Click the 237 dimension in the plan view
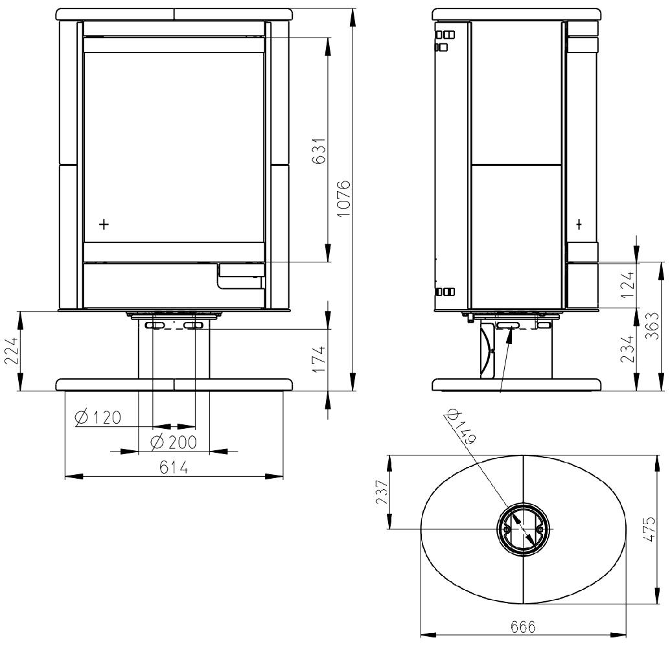click(382, 492)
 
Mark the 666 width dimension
click(522, 627)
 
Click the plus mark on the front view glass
click(104, 224)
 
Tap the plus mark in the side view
click(579, 224)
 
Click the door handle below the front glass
click(240, 276)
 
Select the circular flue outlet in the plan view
click(523, 529)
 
